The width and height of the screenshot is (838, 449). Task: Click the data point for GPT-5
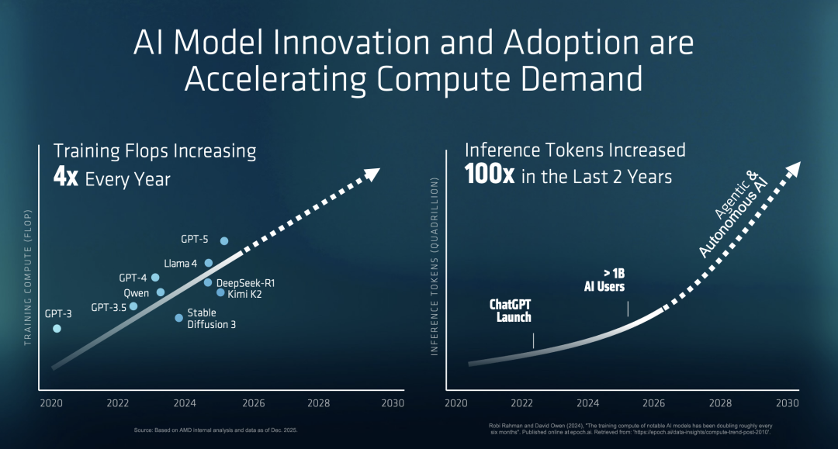click(224, 241)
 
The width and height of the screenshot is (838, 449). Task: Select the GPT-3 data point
click(57, 329)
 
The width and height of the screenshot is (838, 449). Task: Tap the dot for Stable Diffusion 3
click(179, 318)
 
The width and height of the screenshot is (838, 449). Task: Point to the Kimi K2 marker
click(220, 292)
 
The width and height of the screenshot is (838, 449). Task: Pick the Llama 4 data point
click(209, 263)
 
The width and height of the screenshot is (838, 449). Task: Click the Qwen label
click(137, 293)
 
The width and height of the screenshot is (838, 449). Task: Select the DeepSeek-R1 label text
click(245, 282)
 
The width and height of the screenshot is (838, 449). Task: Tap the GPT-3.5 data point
click(133, 306)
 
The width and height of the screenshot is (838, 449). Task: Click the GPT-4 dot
click(155, 277)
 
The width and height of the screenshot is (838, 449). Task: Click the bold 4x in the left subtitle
click(65, 178)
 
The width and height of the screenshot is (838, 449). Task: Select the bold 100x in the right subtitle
click(490, 175)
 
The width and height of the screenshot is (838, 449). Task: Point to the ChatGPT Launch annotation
click(511, 311)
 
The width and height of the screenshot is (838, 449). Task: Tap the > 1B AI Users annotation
click(604, 280)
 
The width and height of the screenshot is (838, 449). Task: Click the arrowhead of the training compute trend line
click(373, 173)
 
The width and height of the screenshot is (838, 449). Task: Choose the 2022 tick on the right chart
click(521, 404)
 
